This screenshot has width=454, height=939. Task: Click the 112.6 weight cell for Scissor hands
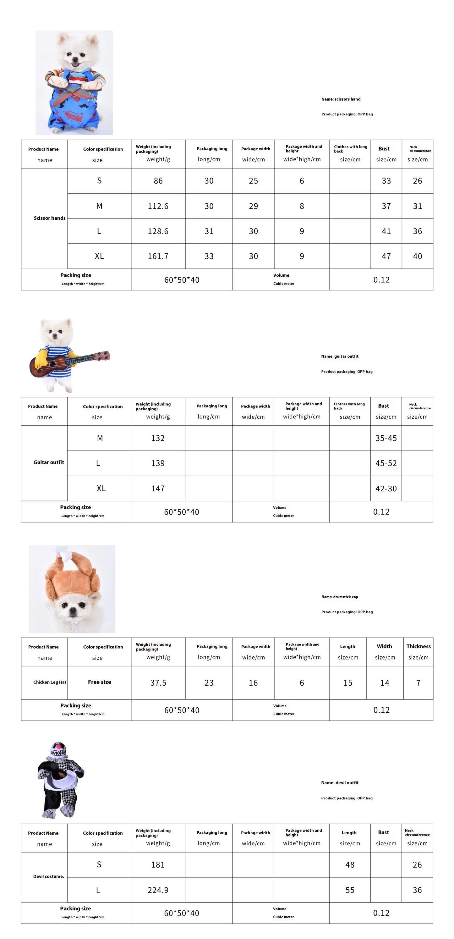(x=158, y=206)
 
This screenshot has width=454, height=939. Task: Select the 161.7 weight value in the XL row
(x=158, y=256)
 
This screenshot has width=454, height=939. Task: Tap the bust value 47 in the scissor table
(x=386, y=256)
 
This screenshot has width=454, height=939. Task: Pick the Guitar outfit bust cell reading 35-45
(x=386, y=438)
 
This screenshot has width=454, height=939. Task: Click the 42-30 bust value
(x=386, y=489)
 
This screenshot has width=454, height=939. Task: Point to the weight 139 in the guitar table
(x=158, y=463)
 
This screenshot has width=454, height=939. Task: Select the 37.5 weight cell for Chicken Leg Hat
(x=158, y=683)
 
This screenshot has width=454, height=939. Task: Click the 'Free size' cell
(x=100, y=682)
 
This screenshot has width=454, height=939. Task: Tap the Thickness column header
(x=418, y=646)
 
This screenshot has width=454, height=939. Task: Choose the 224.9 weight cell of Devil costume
(x=158, y=890)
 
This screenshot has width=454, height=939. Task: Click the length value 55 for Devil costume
(x=350, y=890)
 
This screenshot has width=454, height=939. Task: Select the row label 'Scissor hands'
(x=50, y=218)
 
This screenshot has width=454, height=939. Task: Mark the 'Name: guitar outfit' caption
(x=340, y=356)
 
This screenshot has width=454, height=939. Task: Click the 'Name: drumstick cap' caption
(x=340, y=597)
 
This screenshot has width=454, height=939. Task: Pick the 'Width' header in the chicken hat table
(x=384, y=646)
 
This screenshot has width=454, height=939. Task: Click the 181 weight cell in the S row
(x=158, y=864)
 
